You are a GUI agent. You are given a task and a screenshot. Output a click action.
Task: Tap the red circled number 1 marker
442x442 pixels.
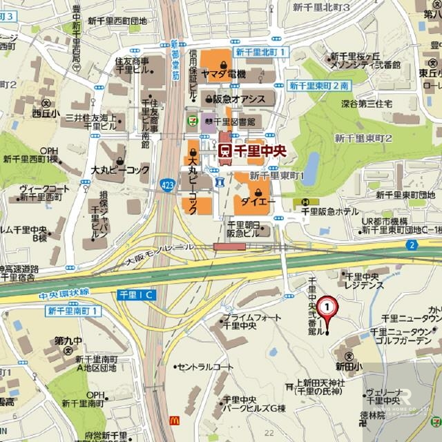pos(331,305)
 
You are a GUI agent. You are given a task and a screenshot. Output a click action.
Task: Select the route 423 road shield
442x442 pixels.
pos(166,184)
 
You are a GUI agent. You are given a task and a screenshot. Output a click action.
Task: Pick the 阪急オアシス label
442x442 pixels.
pos(239,99)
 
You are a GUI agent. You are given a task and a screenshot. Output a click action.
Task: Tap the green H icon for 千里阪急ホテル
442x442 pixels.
pos(305,202)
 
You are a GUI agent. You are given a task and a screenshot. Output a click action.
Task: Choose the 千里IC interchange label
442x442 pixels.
pos(137,295)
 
